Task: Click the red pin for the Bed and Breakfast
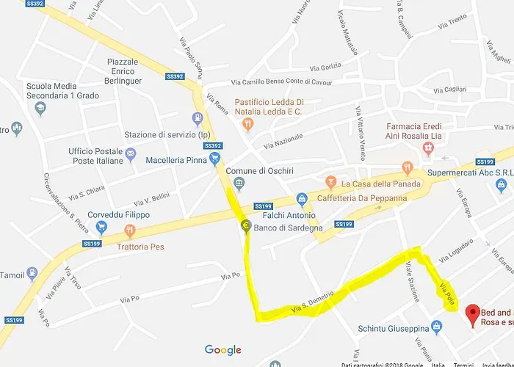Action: click(474, 311)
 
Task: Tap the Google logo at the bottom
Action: click(222, 350)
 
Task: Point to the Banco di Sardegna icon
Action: click(245, 225)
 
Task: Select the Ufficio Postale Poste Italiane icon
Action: click(130, 153)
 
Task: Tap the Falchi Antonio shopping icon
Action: click(301, 199)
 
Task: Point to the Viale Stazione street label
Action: click(410, 283)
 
